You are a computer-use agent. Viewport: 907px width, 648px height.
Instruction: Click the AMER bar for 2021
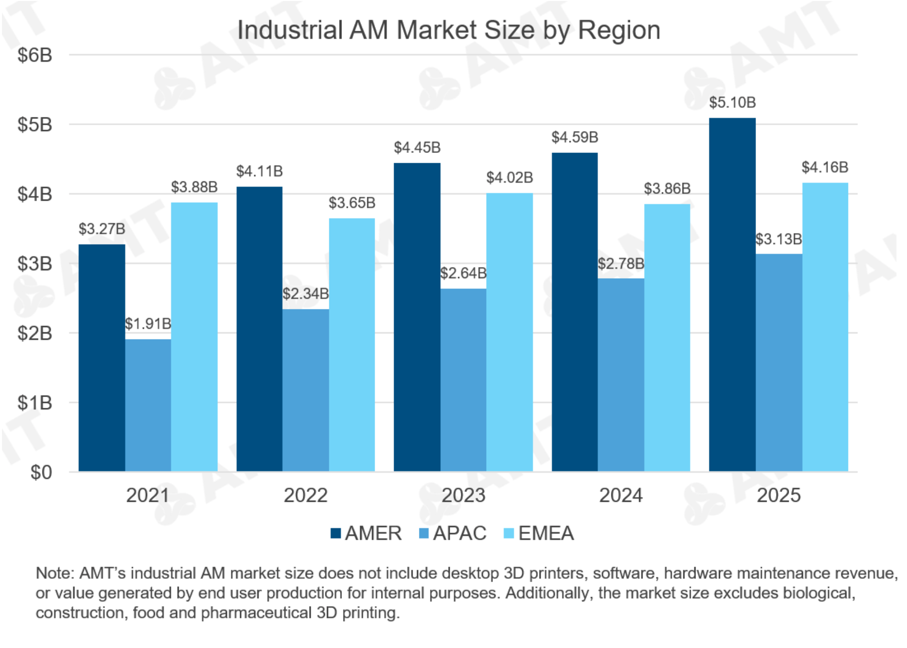tap(102, 358)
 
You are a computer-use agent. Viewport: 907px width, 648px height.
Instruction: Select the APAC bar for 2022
tap(305, 390)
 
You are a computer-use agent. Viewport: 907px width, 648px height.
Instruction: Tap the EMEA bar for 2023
tap(510, 332)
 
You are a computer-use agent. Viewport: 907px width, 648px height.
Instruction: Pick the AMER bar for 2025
tap(732, 295)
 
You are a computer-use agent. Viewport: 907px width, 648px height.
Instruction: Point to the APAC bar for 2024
tap(621, 375)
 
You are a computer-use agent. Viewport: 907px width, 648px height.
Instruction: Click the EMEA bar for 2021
tap(194, 337)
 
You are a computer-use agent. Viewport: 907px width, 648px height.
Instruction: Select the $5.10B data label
tap(732, 103)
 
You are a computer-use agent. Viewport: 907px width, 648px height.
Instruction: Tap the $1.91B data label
tap(148, 324)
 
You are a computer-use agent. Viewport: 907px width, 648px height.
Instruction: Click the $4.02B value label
tap(510, 178)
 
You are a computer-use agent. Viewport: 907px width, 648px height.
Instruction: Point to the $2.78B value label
tap(621, 264)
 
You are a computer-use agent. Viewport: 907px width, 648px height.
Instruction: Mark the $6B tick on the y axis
tap(35, 55)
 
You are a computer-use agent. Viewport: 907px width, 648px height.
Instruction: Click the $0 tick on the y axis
tap(41, 472)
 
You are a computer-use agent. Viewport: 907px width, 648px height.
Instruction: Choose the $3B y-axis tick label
tap(35, 264)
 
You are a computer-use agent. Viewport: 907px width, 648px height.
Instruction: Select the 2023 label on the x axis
tap(463, 496)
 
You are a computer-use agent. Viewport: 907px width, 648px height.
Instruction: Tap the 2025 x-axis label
tap(778, 496)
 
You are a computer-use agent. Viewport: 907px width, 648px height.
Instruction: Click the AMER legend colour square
tap(335, 533)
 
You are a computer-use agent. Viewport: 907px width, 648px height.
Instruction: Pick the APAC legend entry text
tap(459, 533)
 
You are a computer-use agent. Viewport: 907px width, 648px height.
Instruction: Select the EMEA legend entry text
tap(546, 533)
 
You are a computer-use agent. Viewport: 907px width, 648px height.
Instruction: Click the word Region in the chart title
tap(619, 31)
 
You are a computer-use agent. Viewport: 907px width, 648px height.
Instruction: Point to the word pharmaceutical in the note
tap(256, 612)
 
